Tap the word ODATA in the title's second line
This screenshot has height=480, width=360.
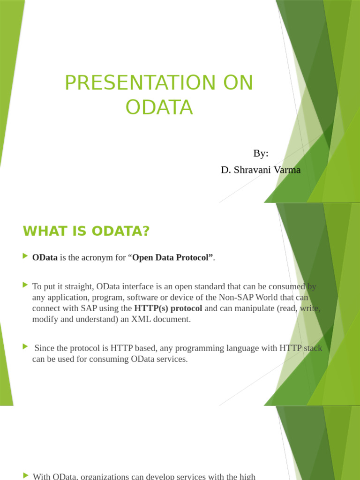tap(159, 107)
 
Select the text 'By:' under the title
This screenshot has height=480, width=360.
tap(261, 153)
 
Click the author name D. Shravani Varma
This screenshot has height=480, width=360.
tap(261, 170)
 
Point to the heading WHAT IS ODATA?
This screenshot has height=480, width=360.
tap(86, 231)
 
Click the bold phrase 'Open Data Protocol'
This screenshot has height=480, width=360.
tap(172, 257)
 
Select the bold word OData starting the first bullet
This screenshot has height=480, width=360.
tap(45, 257)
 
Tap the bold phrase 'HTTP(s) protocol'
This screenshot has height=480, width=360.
tap(168, 308)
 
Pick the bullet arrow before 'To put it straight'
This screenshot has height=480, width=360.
tap(25, 285)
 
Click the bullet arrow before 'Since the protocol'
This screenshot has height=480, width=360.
tap(25, 346)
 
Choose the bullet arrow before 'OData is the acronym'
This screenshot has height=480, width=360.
tap(25, 256)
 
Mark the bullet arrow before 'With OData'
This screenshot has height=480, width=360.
tap(25, 475)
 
